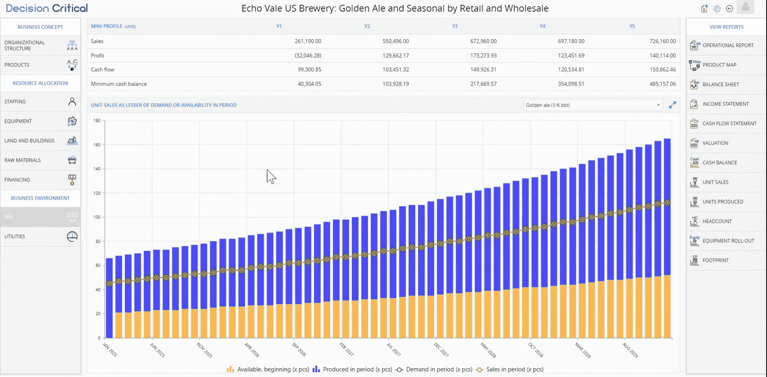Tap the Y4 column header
tap(542, 26)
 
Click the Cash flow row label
tap(103, 69)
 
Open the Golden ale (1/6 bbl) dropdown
tap(593, 105)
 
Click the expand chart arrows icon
tap(673, 105)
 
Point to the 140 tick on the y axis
tap(97, 169)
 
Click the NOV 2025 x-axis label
tap(205, 350)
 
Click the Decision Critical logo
tap(47, 8)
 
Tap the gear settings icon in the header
tap(717, 9)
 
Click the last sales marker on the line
tap(667, 203)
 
